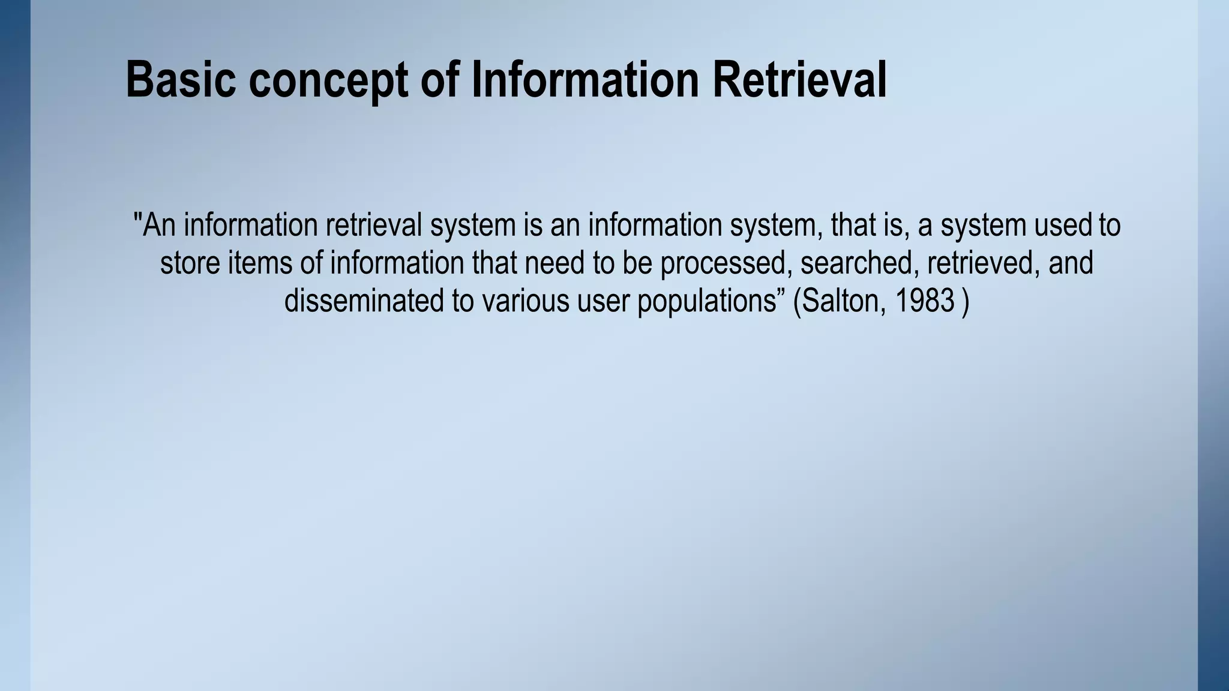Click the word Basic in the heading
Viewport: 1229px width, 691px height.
pos(181,80)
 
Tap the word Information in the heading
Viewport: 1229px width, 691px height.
pos(585,80)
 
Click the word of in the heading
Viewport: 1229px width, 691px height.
pos(440,80)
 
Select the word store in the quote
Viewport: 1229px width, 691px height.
pos(190,263)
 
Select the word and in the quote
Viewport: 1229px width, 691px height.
pos(1071,263)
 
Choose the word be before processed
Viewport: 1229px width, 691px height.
pos(637,263)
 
